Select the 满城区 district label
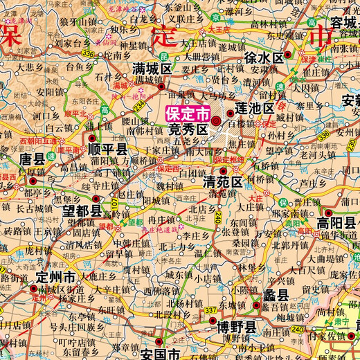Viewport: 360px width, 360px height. [x=152, y=69]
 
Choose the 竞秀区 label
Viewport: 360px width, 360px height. [x=188, y=129]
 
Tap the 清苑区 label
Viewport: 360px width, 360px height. [x=222, y=182]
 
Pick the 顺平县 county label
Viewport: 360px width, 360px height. [x=111, y=149]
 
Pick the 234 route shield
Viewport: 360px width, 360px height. [x=139, y=105]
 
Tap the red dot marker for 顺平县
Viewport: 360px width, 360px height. [x=92, y=139]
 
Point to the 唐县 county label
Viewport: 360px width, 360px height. [x=31, y=159]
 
